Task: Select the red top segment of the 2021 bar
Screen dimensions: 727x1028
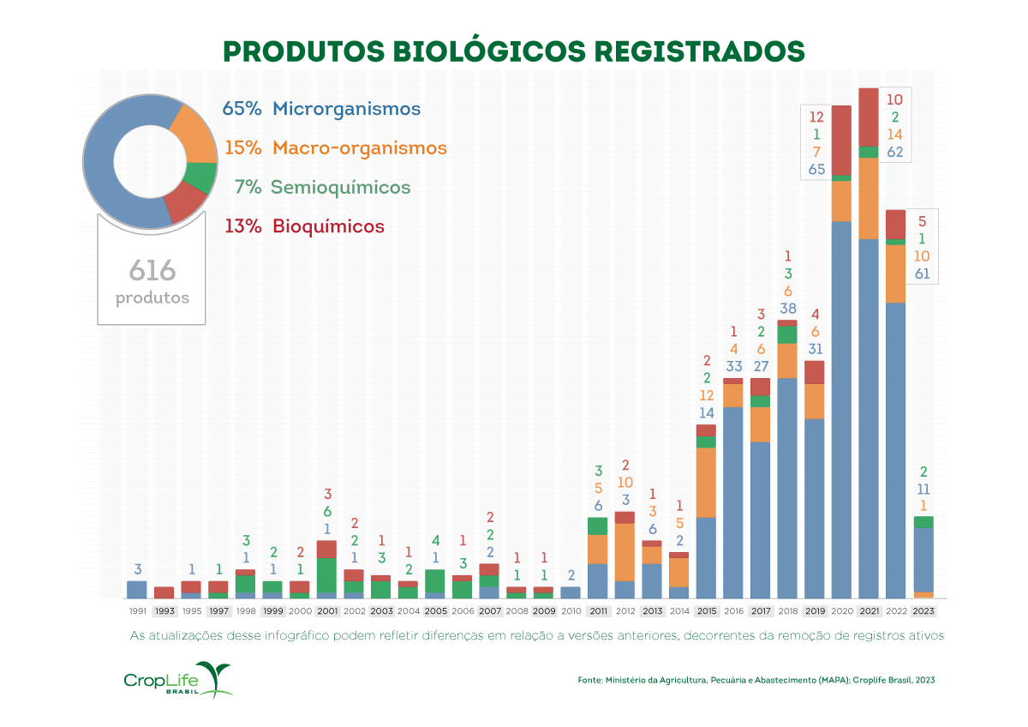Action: click(868, 117)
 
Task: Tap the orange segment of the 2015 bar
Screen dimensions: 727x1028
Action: click(706, 482)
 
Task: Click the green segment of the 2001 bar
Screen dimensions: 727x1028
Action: click(326, 574)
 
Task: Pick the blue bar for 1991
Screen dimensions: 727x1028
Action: click(137, 589)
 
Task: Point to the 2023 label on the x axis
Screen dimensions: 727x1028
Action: click(923, 611)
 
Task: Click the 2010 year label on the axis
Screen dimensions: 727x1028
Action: click(571, 611)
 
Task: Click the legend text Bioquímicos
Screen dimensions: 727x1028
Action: click(328, 227)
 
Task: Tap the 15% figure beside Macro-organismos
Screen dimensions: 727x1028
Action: click(242, 147)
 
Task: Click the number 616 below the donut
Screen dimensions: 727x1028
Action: click(152, 272)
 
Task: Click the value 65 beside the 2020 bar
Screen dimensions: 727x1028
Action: click(816, 170)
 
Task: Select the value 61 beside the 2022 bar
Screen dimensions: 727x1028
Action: click(922, 274)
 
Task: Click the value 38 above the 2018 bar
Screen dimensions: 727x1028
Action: click(787, 309)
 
